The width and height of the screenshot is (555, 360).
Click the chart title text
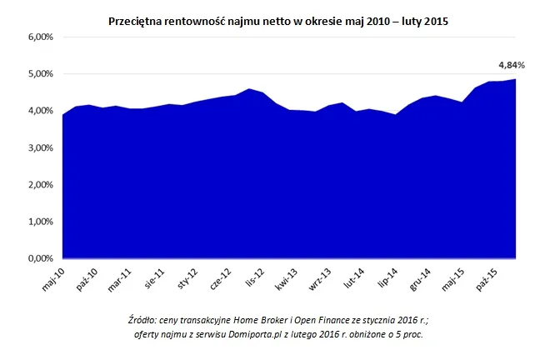[278, 21]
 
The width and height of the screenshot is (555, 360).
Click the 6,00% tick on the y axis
[41, 37]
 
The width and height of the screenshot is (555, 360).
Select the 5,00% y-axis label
[41, 74]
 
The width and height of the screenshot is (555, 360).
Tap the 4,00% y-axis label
[41, 111]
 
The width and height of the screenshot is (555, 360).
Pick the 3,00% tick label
[41, 148]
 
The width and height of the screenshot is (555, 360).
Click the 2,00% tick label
[41, 185]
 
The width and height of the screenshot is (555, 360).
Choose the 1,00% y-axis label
[41, 222]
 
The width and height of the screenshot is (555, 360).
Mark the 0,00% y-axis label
[41, 259]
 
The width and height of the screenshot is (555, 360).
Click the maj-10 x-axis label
[54, 277]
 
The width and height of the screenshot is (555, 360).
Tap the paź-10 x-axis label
[88, 277]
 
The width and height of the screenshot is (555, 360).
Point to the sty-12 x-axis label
[188, 277]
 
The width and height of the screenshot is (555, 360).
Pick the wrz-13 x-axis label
[321, 277]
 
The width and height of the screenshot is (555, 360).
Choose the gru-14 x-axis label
[421, 277]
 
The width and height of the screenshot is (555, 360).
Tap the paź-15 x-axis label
[487, 277]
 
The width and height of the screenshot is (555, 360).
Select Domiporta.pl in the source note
[267, 333]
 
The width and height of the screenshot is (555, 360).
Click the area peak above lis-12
[248, 89]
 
